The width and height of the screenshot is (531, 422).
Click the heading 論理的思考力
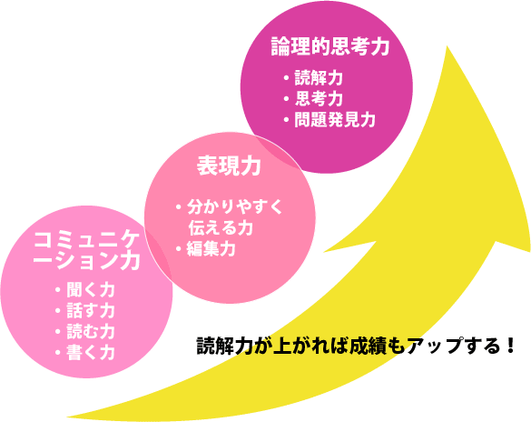(x=330, y=46)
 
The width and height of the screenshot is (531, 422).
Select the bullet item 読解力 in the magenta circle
(x=319, y=78)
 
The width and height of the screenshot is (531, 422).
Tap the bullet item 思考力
(x=319, y=99)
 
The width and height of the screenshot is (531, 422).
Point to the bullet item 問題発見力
(x=335, y=120)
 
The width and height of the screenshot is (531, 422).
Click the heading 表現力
(x=230, y=166)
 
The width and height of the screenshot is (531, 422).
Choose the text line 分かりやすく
(x=235, y=206)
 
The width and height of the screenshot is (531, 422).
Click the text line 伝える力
(x=221, y=227)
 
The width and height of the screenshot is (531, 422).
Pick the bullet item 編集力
(x=211, y=249)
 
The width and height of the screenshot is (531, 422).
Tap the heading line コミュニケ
(x=87, y=240)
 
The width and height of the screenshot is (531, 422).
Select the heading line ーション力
(x=87, y=261)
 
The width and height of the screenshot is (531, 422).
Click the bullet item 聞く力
(x=91, y=290)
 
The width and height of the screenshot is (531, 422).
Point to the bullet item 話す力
(x=91, y=311)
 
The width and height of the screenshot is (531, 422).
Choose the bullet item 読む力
(x=91, y=332)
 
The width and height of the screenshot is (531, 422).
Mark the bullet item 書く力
(x=91, y=353)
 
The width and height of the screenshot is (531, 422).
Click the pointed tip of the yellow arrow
(x=447, y=45)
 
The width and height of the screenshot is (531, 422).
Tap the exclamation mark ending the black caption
(x=511, y=345)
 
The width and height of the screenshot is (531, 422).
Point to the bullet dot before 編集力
(x=179, y=249)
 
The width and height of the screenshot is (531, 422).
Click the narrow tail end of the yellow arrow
(x=68, y=417)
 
